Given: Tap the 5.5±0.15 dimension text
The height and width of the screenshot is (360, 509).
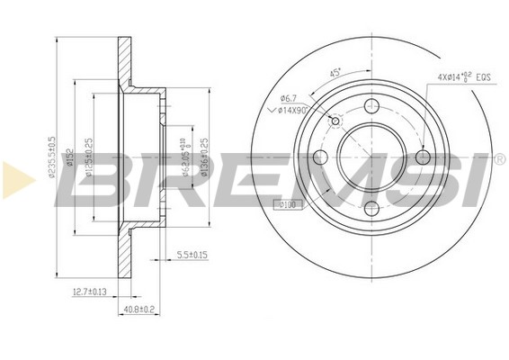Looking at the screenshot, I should tap(192, 256).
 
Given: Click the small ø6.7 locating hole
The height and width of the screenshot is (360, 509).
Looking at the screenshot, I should tap(335, 121).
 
